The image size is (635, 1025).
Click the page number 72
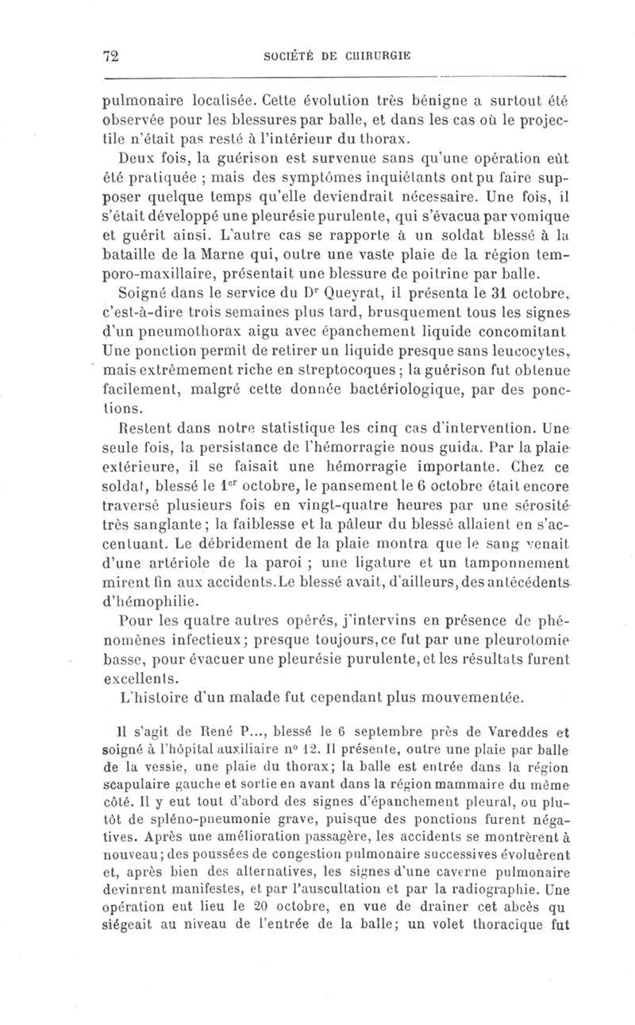tap(110, 56)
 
